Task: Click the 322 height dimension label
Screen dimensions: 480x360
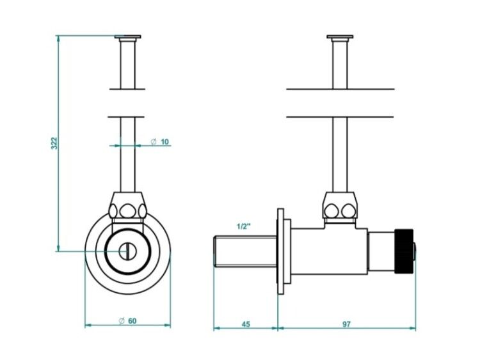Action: [x=54, y=143]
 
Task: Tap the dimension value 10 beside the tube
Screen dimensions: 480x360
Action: [x=164, y=142]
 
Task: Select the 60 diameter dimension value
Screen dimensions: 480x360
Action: [x=132, y=321]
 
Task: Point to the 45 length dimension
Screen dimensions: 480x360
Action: [x=246, y=324]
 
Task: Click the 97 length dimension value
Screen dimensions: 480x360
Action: [x=346, y=324]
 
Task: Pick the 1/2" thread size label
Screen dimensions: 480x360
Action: [x=244, y=226]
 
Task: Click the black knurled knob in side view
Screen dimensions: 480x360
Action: [x=404, y=251]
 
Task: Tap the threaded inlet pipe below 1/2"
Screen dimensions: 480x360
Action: [x=245, y=252]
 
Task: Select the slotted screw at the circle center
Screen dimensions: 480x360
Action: [x=127, y=251]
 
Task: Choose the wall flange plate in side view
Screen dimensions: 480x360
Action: [x=281, y=251]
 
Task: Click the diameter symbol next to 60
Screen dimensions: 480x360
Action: [x=122, y=321]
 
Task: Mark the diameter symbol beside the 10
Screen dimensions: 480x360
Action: [x=154, y=142]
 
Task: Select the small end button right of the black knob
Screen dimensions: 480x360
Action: [x=415, y=251]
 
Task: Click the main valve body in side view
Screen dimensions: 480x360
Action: [x=329, y=251]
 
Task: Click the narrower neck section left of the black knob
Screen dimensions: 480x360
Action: [x=381, y=251]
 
